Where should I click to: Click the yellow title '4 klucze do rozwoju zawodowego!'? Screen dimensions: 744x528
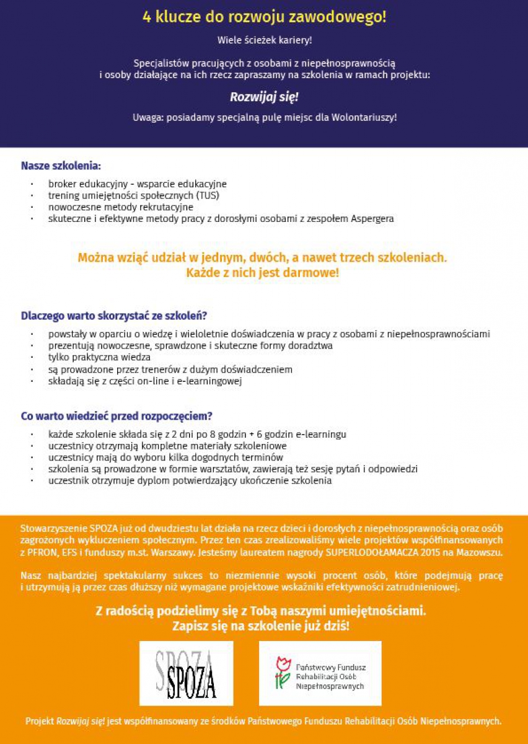pos(264,17)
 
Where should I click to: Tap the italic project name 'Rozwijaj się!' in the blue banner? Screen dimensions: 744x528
pos(264,97)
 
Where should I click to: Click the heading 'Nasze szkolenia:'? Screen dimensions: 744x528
pos(61,166)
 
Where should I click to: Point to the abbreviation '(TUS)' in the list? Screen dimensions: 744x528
pos(206,195)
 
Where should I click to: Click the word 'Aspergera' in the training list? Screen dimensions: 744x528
pos(372,218)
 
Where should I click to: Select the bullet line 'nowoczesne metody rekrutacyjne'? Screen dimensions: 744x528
pos(121,207)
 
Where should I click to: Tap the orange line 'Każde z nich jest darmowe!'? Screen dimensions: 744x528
pos(263,272)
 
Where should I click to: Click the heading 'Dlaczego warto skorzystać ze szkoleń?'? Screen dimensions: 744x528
pos(114,316)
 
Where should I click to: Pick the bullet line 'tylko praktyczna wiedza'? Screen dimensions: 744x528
pos(99,357)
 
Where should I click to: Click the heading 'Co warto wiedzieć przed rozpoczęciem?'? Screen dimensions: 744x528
pos(117,416)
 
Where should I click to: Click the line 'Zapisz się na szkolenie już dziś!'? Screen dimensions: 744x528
pos(261,626)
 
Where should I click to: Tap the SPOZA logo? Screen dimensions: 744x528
pos(187,674)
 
